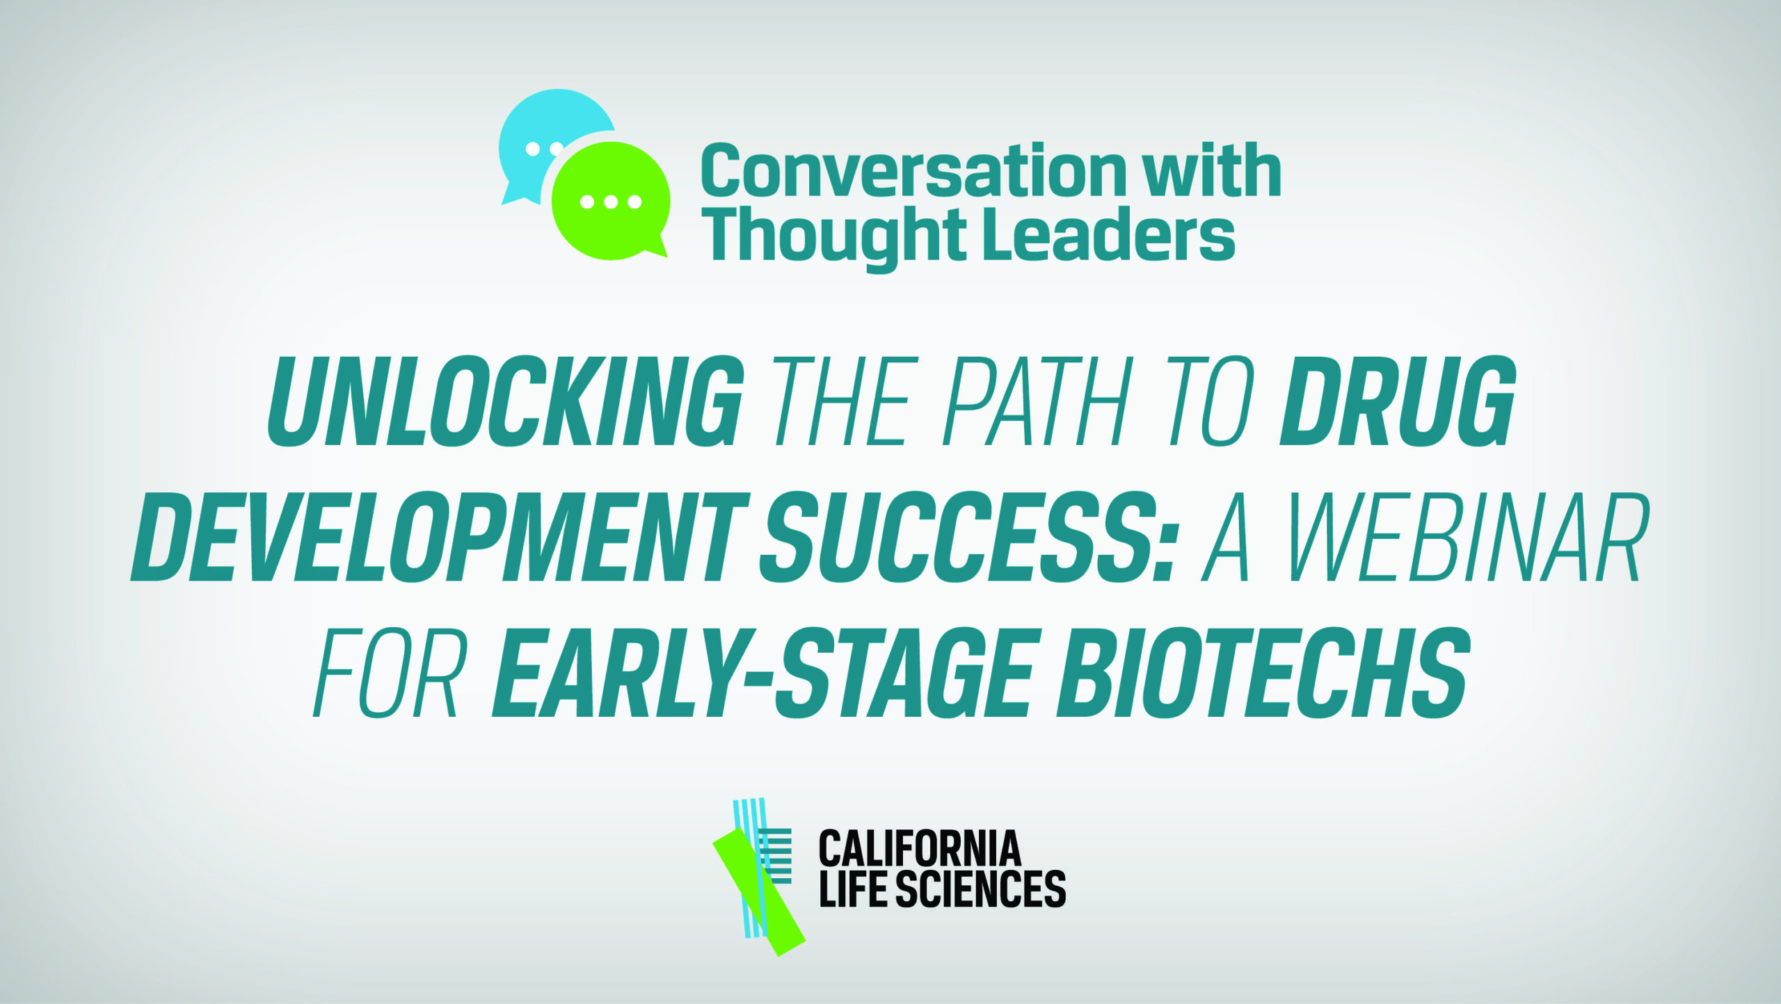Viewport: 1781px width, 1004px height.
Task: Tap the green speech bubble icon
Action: [x=611, y=201]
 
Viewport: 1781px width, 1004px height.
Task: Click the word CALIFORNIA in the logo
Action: [x=920, y=848]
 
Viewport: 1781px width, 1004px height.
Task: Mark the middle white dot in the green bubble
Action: [x=611, y=202]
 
